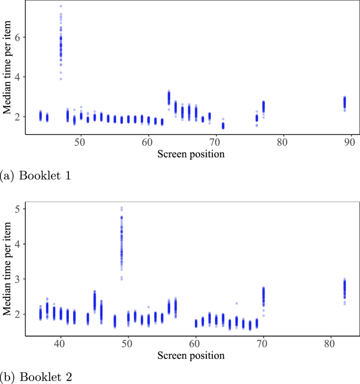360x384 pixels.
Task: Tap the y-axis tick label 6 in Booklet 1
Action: (16, 37)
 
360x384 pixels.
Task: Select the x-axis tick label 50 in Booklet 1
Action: (80, 142)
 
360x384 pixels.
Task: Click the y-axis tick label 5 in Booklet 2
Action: (16, 209)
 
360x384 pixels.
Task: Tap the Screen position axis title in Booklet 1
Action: (191, 154)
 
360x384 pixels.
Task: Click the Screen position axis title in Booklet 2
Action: (191, 355)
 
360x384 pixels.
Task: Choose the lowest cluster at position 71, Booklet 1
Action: (223, 125)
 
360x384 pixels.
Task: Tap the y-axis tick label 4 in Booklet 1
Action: (16, 77)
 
